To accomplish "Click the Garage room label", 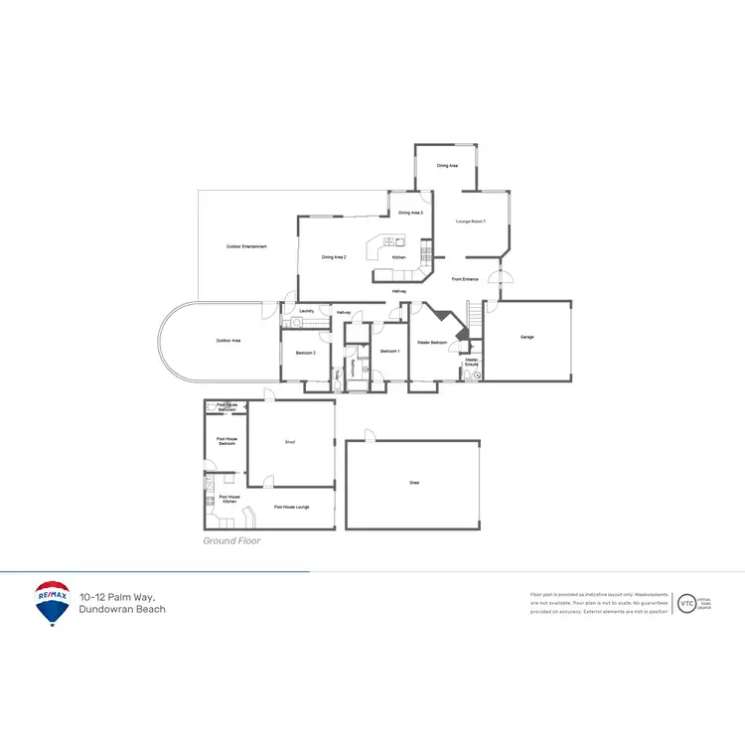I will (x=526, y=338).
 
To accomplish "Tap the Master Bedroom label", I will (x=432, y=343).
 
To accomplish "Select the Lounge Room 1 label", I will (x=470, y=221).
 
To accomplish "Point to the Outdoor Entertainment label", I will (x=246, y=246).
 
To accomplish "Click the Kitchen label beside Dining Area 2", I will (x=398, y=257).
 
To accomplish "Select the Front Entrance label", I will (x=465, y=279).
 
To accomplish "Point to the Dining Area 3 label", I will (x=411, y=213).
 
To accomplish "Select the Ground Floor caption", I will (x=231, y=541).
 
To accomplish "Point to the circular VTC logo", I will (x=685, y=603).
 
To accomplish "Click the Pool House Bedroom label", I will (x=226, y=441).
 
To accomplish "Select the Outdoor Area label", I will (x=228, y=341).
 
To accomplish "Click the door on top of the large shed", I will (x=368, y=437).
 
